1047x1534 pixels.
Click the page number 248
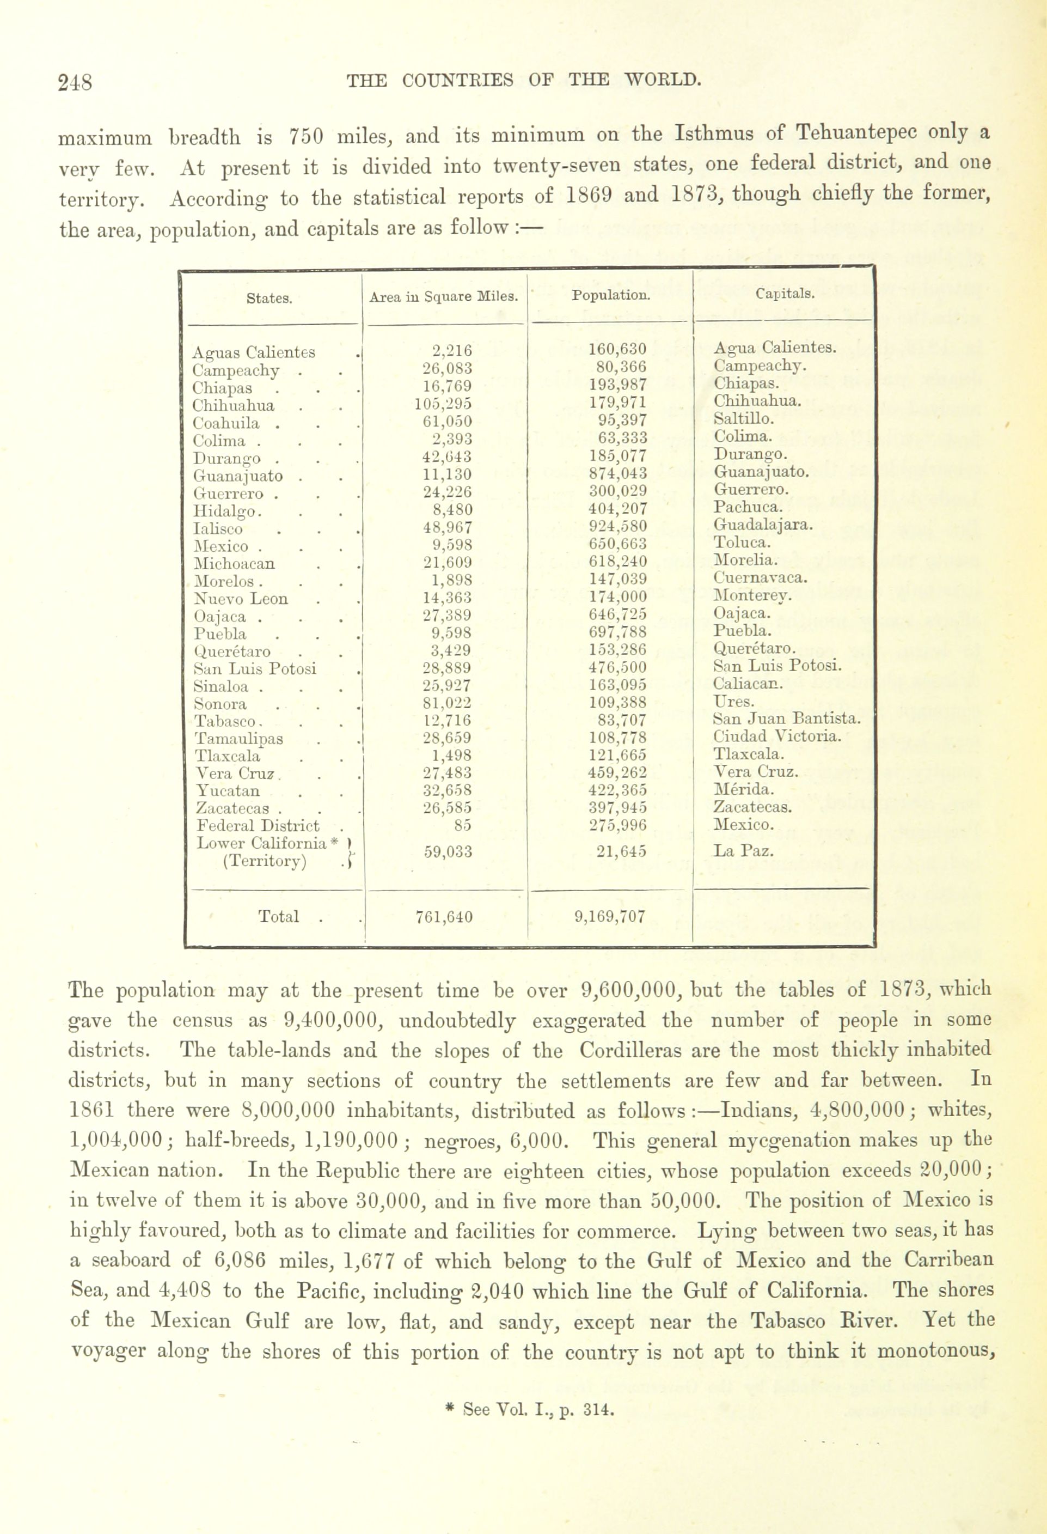pyautogui.click(x=75, y=82)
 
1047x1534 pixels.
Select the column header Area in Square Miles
pyautogui.click(x=443, y=297)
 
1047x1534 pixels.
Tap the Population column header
pyautogui.click(x=610, y=296)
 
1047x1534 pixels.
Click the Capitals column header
pyautogui.click(x=785, y=294)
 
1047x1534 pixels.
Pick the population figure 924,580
pyautogui.click(x=617, y=527)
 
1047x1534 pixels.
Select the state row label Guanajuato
pyautogui.click(x=237, y=476)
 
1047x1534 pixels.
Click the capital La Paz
pyautogui.click(x=744, y=851)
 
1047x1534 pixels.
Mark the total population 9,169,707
pyautogui.click(x=610, y=916)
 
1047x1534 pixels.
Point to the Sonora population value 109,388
pyautogui.click(x=617, y=703)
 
